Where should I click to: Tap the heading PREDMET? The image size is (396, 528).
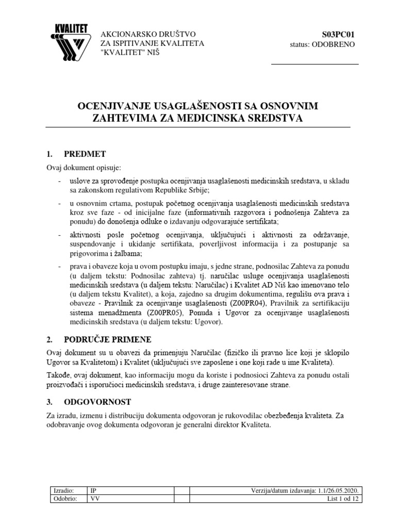[85, 154]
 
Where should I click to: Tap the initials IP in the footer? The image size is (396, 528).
[93, 491]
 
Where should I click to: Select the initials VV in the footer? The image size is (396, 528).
[95, 500]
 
